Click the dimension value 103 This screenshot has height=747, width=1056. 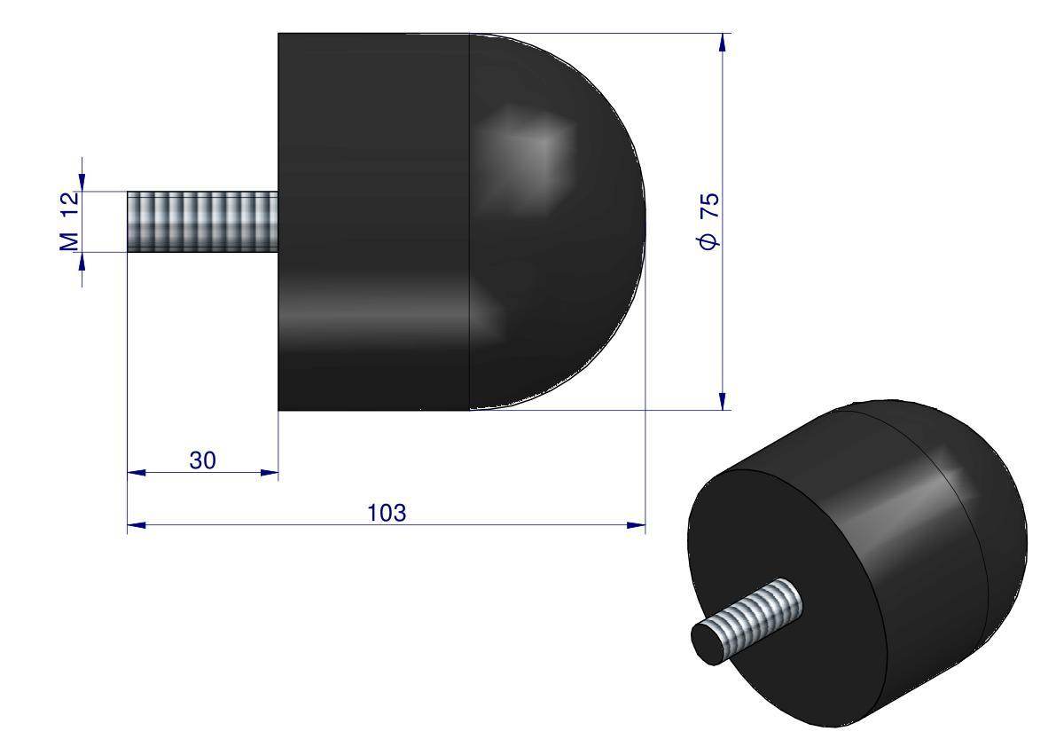tap(386, 513)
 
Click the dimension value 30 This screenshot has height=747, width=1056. tap(202, 460)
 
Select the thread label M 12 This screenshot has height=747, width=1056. tap(71, 221)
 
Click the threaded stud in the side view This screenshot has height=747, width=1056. tap(202, 222)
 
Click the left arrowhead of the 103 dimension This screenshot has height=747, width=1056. tap(135, 526)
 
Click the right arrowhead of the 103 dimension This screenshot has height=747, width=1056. tap(637, 526)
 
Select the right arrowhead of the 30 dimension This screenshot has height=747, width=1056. tap(270, 474)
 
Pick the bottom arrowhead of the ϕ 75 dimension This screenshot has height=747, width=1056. tap(724, 401)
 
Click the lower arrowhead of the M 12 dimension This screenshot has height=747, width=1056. tap(82, 260)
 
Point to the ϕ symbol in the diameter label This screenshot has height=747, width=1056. tap(709, 240)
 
